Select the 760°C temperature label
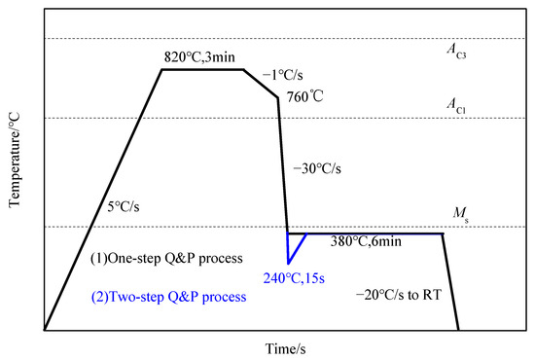click(306, 96)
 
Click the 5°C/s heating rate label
click(124, 205)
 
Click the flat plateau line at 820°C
click(202, 69)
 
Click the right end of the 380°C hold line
click(444, 234)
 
